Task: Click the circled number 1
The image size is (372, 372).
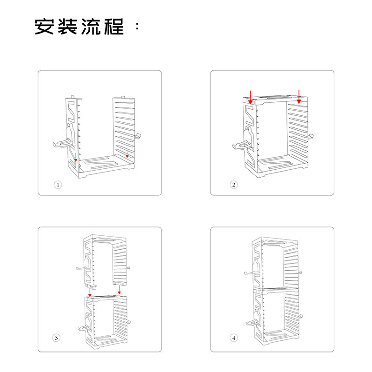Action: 58,185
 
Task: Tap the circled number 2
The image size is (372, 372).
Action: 234,185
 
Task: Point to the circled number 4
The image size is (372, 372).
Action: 234,338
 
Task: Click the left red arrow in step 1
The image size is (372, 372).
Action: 76,155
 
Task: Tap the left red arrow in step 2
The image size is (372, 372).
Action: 251,96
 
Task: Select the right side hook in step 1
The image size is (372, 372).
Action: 138,136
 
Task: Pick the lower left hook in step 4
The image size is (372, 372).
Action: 250,322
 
